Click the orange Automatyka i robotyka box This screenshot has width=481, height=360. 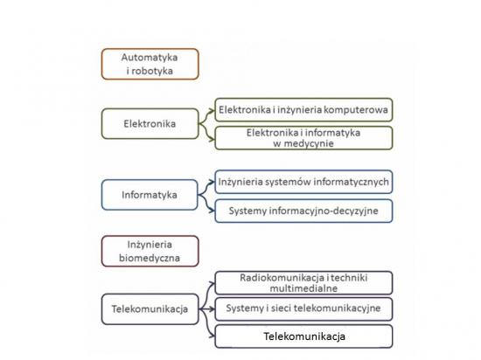[150, 64]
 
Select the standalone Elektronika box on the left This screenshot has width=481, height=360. [150, 124]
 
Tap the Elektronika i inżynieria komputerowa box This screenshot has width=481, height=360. [303, 110]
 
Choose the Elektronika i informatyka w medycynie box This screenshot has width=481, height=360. [303, 138]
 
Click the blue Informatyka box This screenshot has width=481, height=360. [150, 195]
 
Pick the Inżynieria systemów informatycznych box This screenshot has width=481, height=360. [303, 182]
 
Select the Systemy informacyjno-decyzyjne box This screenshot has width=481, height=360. [303, 211]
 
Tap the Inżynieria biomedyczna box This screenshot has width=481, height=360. [150, 252]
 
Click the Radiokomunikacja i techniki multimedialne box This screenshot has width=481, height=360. [303, 283]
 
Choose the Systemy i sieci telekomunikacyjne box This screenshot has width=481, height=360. [303, 308]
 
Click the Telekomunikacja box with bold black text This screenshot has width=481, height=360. [303, 336]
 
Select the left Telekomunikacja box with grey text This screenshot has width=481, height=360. [150, 309]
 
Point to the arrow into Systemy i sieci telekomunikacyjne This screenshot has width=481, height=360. [207, 309]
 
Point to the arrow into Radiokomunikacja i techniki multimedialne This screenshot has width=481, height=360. [206, 294]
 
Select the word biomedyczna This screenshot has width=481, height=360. [150, 258]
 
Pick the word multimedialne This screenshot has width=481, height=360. [303, 288]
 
